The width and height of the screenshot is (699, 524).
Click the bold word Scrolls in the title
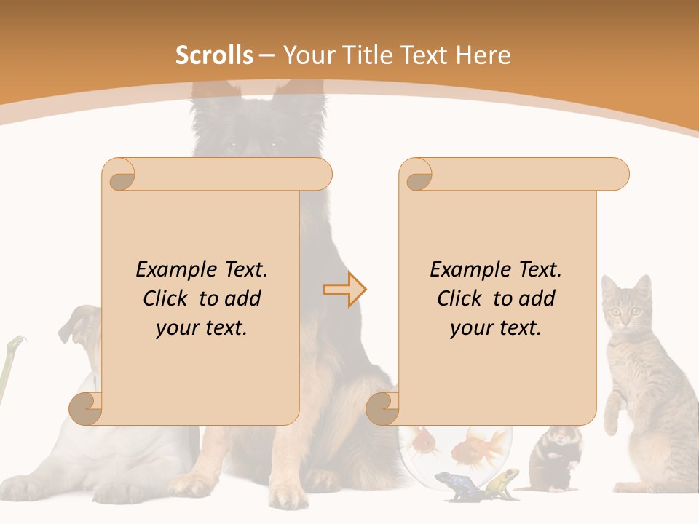(x=215, y=55)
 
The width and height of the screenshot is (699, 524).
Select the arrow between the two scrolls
(x=344, y=290)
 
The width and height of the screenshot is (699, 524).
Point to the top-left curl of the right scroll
(x=417, y=175)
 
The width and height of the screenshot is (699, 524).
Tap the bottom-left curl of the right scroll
(x=382, y=408)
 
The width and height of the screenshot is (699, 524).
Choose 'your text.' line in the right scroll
(x=495, y=328)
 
